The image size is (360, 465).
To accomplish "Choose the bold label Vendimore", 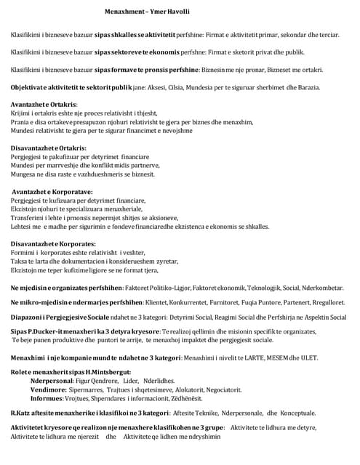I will coord(49,389).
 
